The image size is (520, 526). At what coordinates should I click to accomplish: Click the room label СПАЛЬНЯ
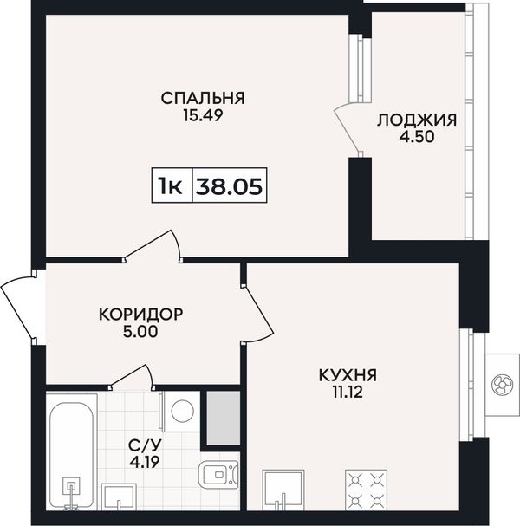[x=203, y=98]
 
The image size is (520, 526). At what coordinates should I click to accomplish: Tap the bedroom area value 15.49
[x=203, y=116]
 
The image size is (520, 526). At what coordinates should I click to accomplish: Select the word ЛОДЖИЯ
[x=417, y=120]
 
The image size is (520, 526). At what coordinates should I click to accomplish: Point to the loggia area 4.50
[x=417, y=137]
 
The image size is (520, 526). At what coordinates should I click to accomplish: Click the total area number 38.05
[x=229, y=186]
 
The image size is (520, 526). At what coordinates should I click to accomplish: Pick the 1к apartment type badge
[x=171, y=186]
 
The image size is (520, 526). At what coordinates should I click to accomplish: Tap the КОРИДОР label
[x=141, y=315]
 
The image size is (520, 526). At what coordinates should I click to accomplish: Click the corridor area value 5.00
[x=140, y=332]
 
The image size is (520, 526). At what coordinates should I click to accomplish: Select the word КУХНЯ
[x=348, y=375]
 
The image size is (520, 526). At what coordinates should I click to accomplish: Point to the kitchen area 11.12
[x=348, y=392]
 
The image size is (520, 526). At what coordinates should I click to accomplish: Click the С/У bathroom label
[x=145, y=445]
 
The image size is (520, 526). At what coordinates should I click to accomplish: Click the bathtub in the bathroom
[x=71, y=452]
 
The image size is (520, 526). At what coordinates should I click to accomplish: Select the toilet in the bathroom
[x=218, y=474]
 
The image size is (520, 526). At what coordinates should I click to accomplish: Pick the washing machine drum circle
[x=183, y=411]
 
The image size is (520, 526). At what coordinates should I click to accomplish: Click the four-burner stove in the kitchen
[x=366, y=490]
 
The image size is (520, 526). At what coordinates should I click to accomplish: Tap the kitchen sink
[x=283, y=490]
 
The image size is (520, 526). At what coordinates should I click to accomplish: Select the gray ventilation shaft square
[x=223, y=419]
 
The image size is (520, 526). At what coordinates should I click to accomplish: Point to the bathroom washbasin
[x=119, y=497]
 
